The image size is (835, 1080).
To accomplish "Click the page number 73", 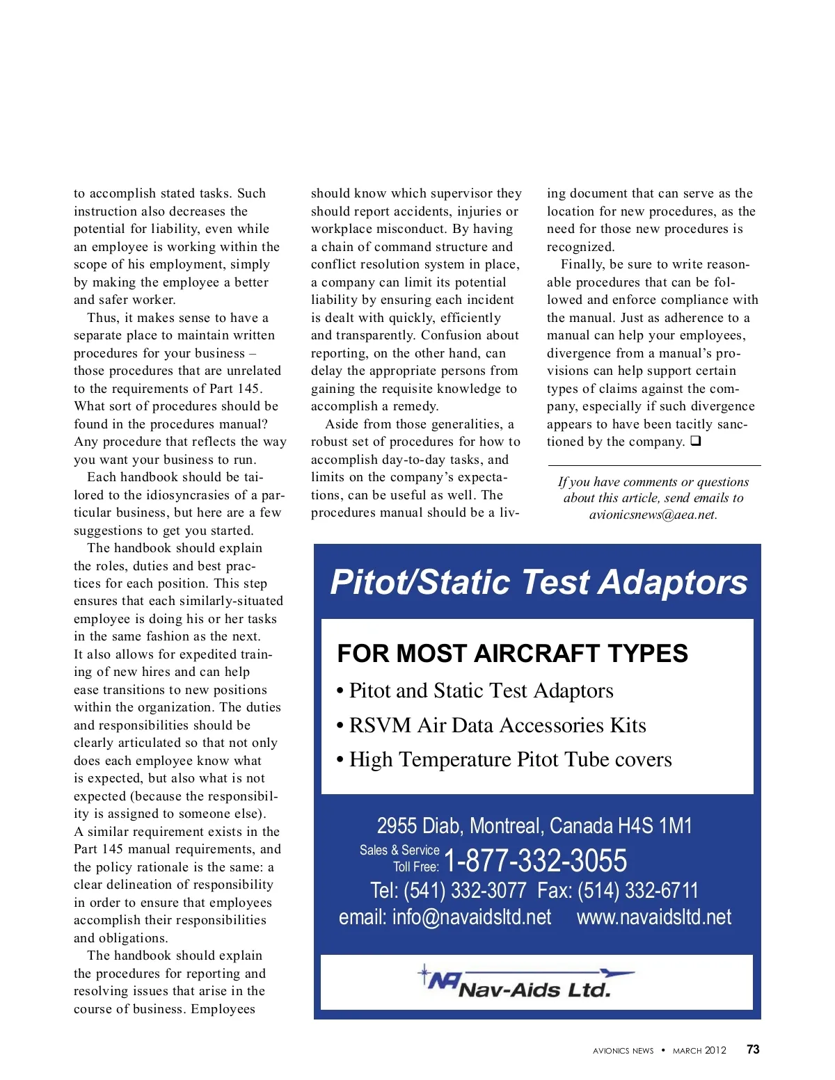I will [x=753, y=1049].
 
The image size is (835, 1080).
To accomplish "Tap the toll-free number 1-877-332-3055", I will [x=535, y=861].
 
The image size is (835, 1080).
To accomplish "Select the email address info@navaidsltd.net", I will [x=471, y=917].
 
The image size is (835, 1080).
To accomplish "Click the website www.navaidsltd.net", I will [x=654, y=917].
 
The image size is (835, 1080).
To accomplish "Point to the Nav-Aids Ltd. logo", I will [x=525, y=982].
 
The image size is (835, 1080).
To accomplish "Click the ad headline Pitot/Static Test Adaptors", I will [x=539, y=582].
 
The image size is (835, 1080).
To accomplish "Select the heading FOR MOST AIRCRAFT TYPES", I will [x=512, y=654].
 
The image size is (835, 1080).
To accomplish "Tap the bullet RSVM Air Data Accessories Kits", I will [x=497, y=725].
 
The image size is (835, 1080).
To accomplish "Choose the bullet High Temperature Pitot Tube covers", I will [x=510, y=759].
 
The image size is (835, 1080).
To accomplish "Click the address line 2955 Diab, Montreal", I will [x=534, y=826].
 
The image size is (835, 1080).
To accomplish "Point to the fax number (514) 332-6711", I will [x=637, y=890].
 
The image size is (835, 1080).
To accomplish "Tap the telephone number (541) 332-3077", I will [x=465, y=890].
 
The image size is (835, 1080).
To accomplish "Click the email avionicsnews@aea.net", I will [x=652, y=515].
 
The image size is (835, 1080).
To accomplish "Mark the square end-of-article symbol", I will [x=696, y=442].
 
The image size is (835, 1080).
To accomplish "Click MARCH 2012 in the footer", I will [x=699, y=1050].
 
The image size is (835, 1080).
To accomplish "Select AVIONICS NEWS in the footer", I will [x=623, y=1050].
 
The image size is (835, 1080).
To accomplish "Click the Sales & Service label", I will [x=399, y=850].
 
